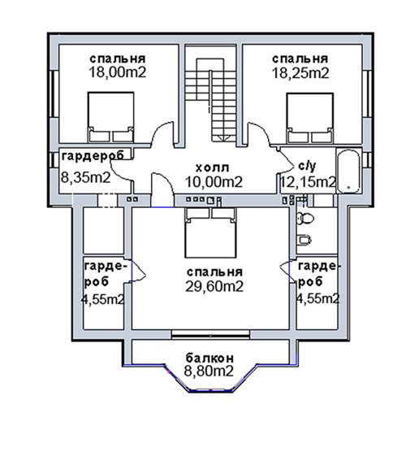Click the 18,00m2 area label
[117, 72]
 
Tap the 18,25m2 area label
[300, 72]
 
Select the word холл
[213, 167]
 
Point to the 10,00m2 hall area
[214, 182]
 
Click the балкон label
[209, 358]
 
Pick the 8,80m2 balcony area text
[209, 371]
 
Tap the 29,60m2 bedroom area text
[214, 286]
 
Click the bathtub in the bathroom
[348, 171]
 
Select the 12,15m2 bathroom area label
[308, 182]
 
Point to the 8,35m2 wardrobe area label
[86, 177]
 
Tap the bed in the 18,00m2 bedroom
[110, 117]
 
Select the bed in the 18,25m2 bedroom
[309, 118]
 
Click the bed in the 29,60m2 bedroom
[210, 232]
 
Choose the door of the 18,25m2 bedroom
[259, 133]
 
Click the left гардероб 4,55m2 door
[138, 271]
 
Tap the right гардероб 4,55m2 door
[286, 271]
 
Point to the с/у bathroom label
[307, 166]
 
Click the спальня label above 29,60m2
[214, 272]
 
